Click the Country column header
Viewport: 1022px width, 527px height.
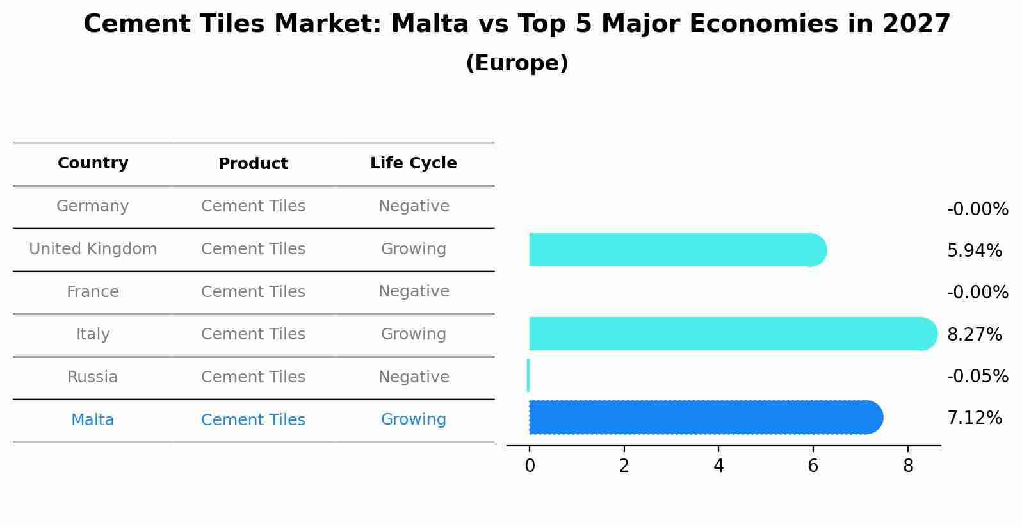[93, 163]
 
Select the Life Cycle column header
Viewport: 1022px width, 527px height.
[413, 163]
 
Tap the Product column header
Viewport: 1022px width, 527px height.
[253, 164]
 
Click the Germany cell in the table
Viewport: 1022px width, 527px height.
[93, 206]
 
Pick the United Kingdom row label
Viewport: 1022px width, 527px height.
[93, 249]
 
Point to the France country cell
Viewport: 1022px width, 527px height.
[93, 292]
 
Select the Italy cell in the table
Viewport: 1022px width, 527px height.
[93, 334]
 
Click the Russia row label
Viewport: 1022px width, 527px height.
[93, 377]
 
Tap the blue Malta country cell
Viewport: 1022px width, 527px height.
[93, 420]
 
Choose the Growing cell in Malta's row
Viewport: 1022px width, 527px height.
[413, 419]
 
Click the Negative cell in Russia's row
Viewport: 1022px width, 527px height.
[413, 377]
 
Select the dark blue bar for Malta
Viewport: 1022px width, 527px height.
[704, 418]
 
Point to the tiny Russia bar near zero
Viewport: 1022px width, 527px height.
[528, 375]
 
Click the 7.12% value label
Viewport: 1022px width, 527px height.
[974, 418]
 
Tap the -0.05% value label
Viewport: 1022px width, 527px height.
[977, 377]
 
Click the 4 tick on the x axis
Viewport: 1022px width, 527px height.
[718, 466]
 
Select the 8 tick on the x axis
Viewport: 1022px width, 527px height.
[907, 466]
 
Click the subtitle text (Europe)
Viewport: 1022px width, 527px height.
[517, 63]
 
